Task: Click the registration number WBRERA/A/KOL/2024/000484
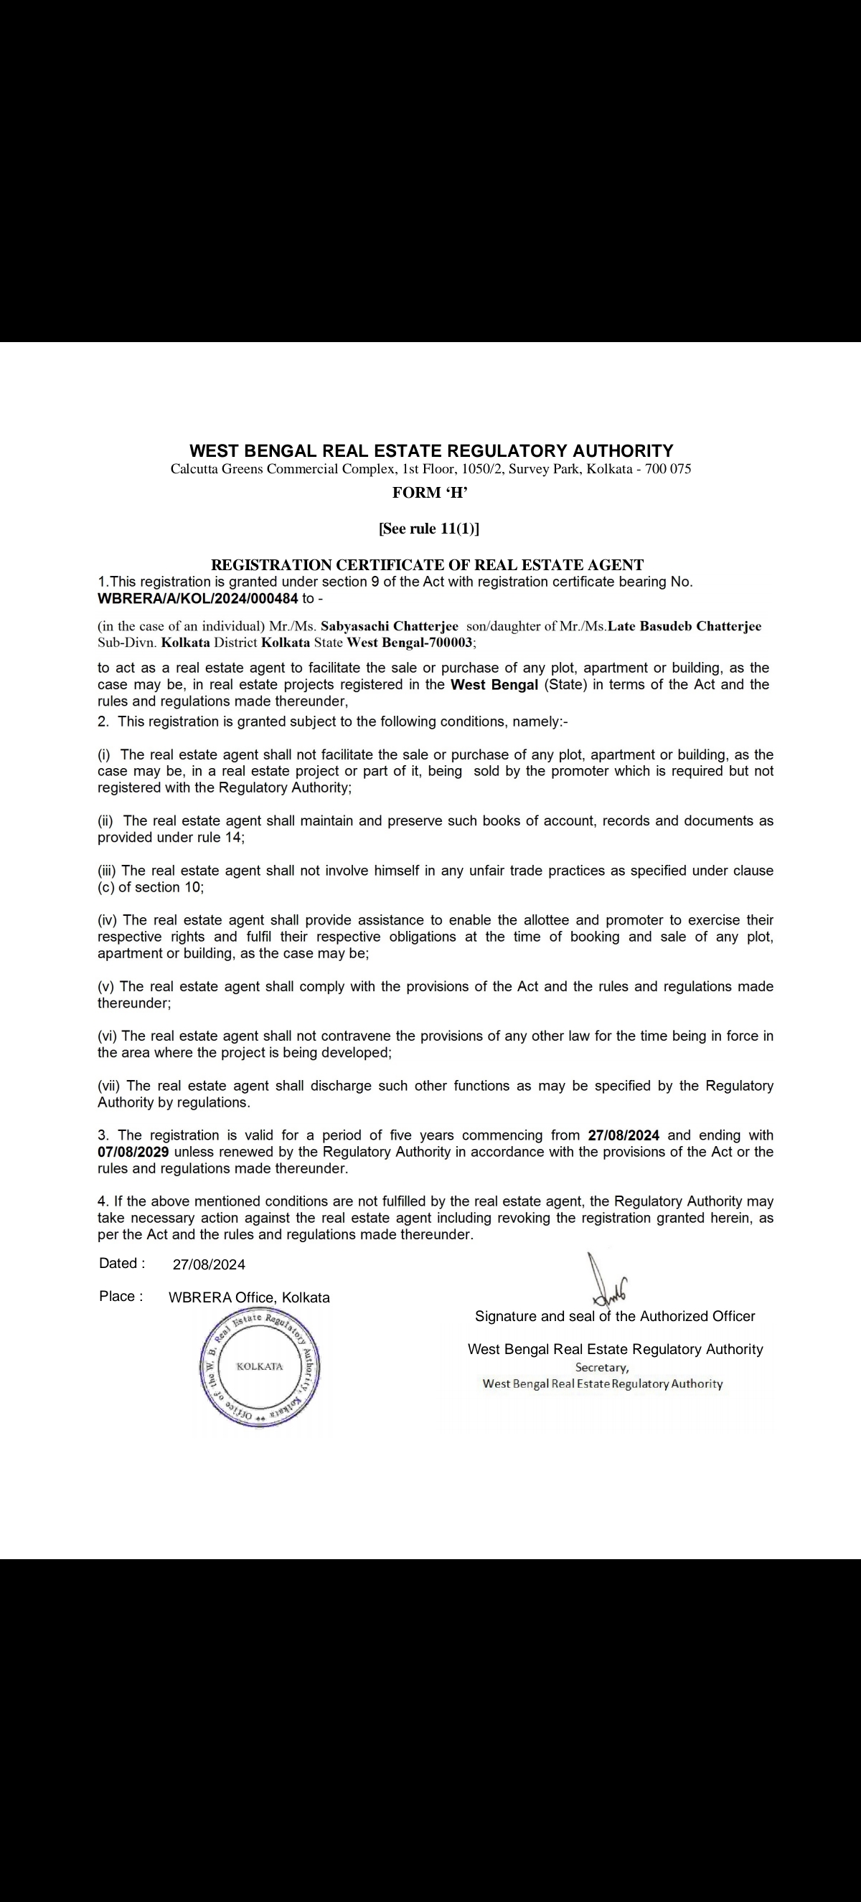click(x=198, y=598)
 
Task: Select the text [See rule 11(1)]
click(x=429, y=529)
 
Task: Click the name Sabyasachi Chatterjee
click(x=389, y=626)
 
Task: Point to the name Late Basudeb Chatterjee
click(x=684, y=626)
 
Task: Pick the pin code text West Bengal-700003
click(x=410, y=642)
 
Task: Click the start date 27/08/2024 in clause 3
click(x=624, y=1135)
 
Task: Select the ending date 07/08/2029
click(x=133, y=1152)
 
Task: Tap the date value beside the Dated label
click(x=209, y=1264)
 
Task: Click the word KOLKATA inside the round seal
click(x=259, y=1366)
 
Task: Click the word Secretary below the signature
click(x=602, y=1368)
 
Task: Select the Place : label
click(x=121, y=1297)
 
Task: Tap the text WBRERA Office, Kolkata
click(x=249, y=1297)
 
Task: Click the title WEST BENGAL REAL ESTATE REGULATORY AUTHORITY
click(x=431, y=450)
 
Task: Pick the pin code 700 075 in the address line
click(x=667, y=469)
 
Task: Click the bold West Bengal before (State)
click(x=494, y=684)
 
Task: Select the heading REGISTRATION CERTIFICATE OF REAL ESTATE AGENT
click(x=428, y=565)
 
